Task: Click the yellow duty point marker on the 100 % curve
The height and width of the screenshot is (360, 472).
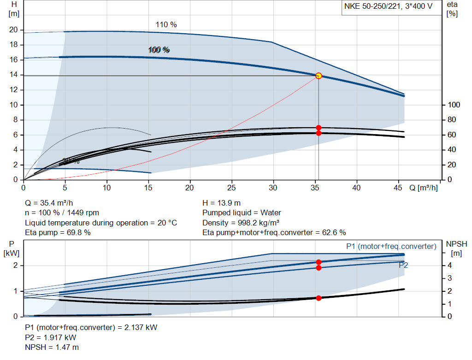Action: click(319, 76)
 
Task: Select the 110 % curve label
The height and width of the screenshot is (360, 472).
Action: click(166, 24)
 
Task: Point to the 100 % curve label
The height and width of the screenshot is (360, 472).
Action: click(159, 50)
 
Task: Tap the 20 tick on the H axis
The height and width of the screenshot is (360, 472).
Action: click(13, 30)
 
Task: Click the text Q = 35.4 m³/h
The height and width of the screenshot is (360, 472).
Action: click(49, 203)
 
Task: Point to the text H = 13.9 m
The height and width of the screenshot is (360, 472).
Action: click(221, 203)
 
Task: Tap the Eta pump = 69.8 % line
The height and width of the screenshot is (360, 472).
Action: click(58, 233)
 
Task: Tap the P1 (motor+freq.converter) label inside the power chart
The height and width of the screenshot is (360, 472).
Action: click(391, 247)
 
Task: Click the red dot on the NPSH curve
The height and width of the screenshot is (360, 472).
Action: click(319, 298)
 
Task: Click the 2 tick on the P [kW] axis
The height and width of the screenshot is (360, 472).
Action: click(15, 266)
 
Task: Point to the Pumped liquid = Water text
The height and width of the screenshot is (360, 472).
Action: click(242, 213)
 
